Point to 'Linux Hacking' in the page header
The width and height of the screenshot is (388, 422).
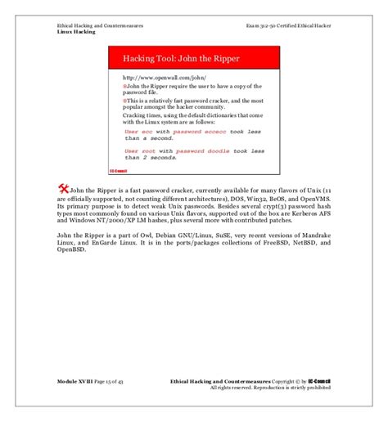coord(76,31)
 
